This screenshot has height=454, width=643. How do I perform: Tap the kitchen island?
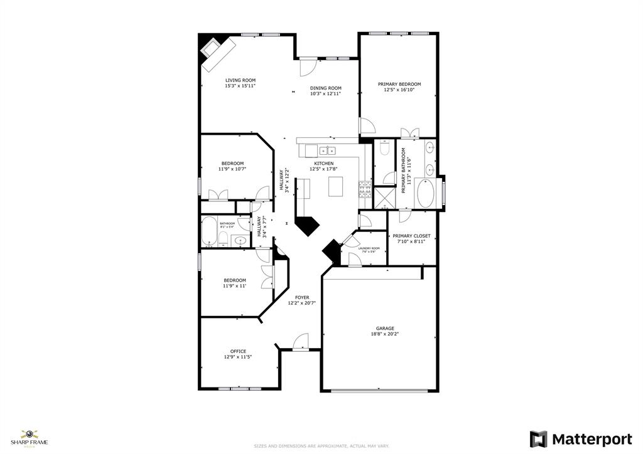click(337, 186)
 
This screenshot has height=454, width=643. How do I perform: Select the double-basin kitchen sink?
click(327, 150)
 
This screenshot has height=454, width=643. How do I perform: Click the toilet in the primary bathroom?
click(385, 149)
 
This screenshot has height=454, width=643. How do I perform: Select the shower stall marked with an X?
click(384, 199)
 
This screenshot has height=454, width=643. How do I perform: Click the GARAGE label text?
click(385, 329)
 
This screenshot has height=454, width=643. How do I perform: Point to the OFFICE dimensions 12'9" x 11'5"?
click(238, 357)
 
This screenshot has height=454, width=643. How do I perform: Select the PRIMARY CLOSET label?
click(412, 236)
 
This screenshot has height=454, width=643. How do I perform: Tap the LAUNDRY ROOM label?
click(369, 248)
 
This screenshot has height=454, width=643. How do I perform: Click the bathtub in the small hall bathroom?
click(208, 231)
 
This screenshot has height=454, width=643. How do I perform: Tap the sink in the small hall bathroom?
click(239, 240)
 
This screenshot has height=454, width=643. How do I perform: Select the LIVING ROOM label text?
click(240, 80)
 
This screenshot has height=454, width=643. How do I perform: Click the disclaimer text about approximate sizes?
click(321, 446)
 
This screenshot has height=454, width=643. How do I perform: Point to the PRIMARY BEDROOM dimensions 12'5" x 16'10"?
click(399, 90)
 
